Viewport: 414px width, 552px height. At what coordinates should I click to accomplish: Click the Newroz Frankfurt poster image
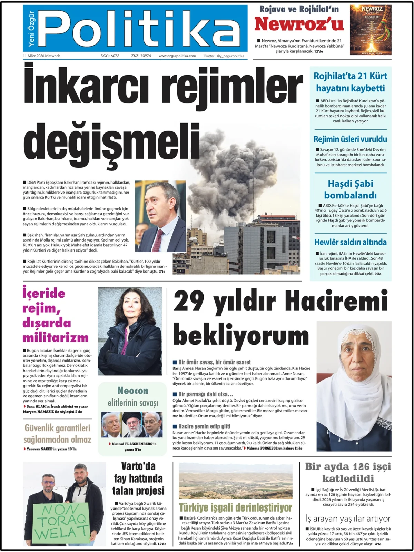371,30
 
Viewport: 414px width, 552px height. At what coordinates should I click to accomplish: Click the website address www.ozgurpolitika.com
177,56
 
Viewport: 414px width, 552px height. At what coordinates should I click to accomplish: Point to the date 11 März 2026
41,56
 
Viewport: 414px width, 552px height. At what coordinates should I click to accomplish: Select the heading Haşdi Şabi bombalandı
350,189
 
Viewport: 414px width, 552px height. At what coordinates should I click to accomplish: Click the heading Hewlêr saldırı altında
350,242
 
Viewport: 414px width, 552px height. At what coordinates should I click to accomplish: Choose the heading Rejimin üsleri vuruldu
350,139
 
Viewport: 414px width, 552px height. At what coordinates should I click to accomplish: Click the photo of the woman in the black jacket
130,331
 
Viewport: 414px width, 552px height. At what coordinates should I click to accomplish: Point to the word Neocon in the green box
133,391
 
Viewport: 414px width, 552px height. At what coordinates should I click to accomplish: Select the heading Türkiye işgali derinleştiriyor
236,507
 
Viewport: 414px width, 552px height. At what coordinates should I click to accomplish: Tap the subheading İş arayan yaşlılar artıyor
348,518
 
